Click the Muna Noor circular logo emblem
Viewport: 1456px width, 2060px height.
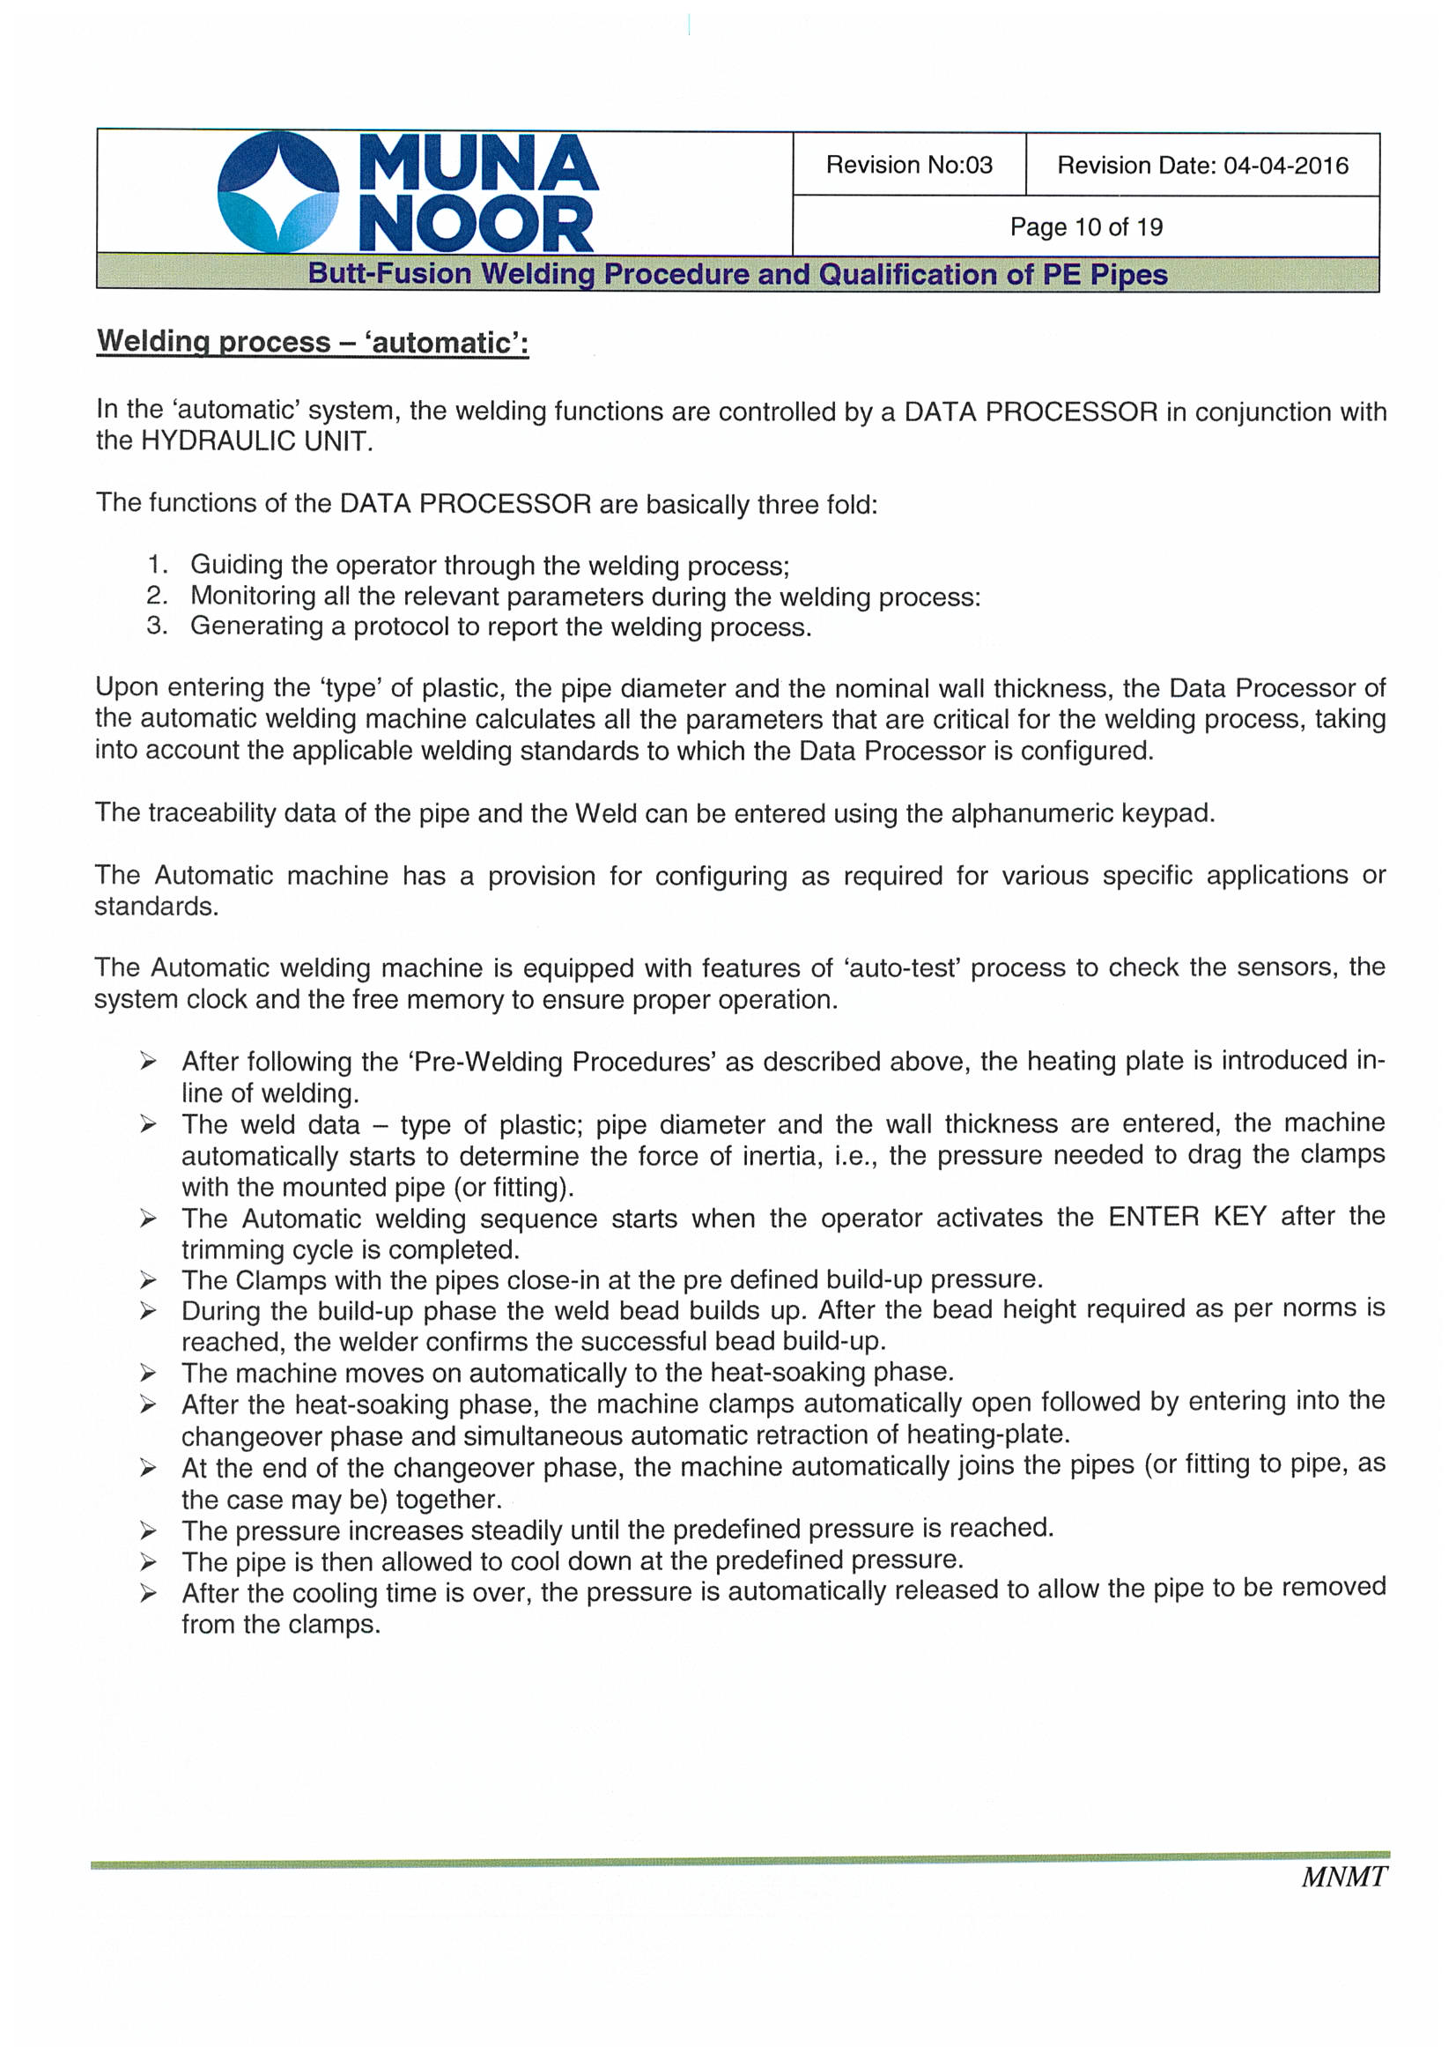coord(278,192)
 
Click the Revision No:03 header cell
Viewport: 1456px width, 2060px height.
coord(909,165)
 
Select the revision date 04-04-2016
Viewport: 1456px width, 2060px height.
coord(1285,166)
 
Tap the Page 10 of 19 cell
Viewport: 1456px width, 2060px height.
coord(1085,227)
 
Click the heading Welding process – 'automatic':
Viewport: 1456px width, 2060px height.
coord(312,343)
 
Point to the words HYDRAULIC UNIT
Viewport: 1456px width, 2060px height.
coord(255,441)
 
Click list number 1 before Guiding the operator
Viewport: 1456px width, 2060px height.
coord(157,565)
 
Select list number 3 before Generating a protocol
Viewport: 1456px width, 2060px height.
coord(157,626)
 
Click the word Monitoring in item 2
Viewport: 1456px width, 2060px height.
coord(248,596)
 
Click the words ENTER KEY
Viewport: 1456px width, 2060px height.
coord(1186,1217)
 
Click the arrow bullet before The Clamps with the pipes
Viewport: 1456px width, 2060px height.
coord(148,1279)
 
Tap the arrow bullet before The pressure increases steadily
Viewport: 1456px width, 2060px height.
coord(148,1529)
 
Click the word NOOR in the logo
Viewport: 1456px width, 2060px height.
coord(476,224)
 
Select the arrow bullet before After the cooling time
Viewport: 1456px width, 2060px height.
coord(148,1592)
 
